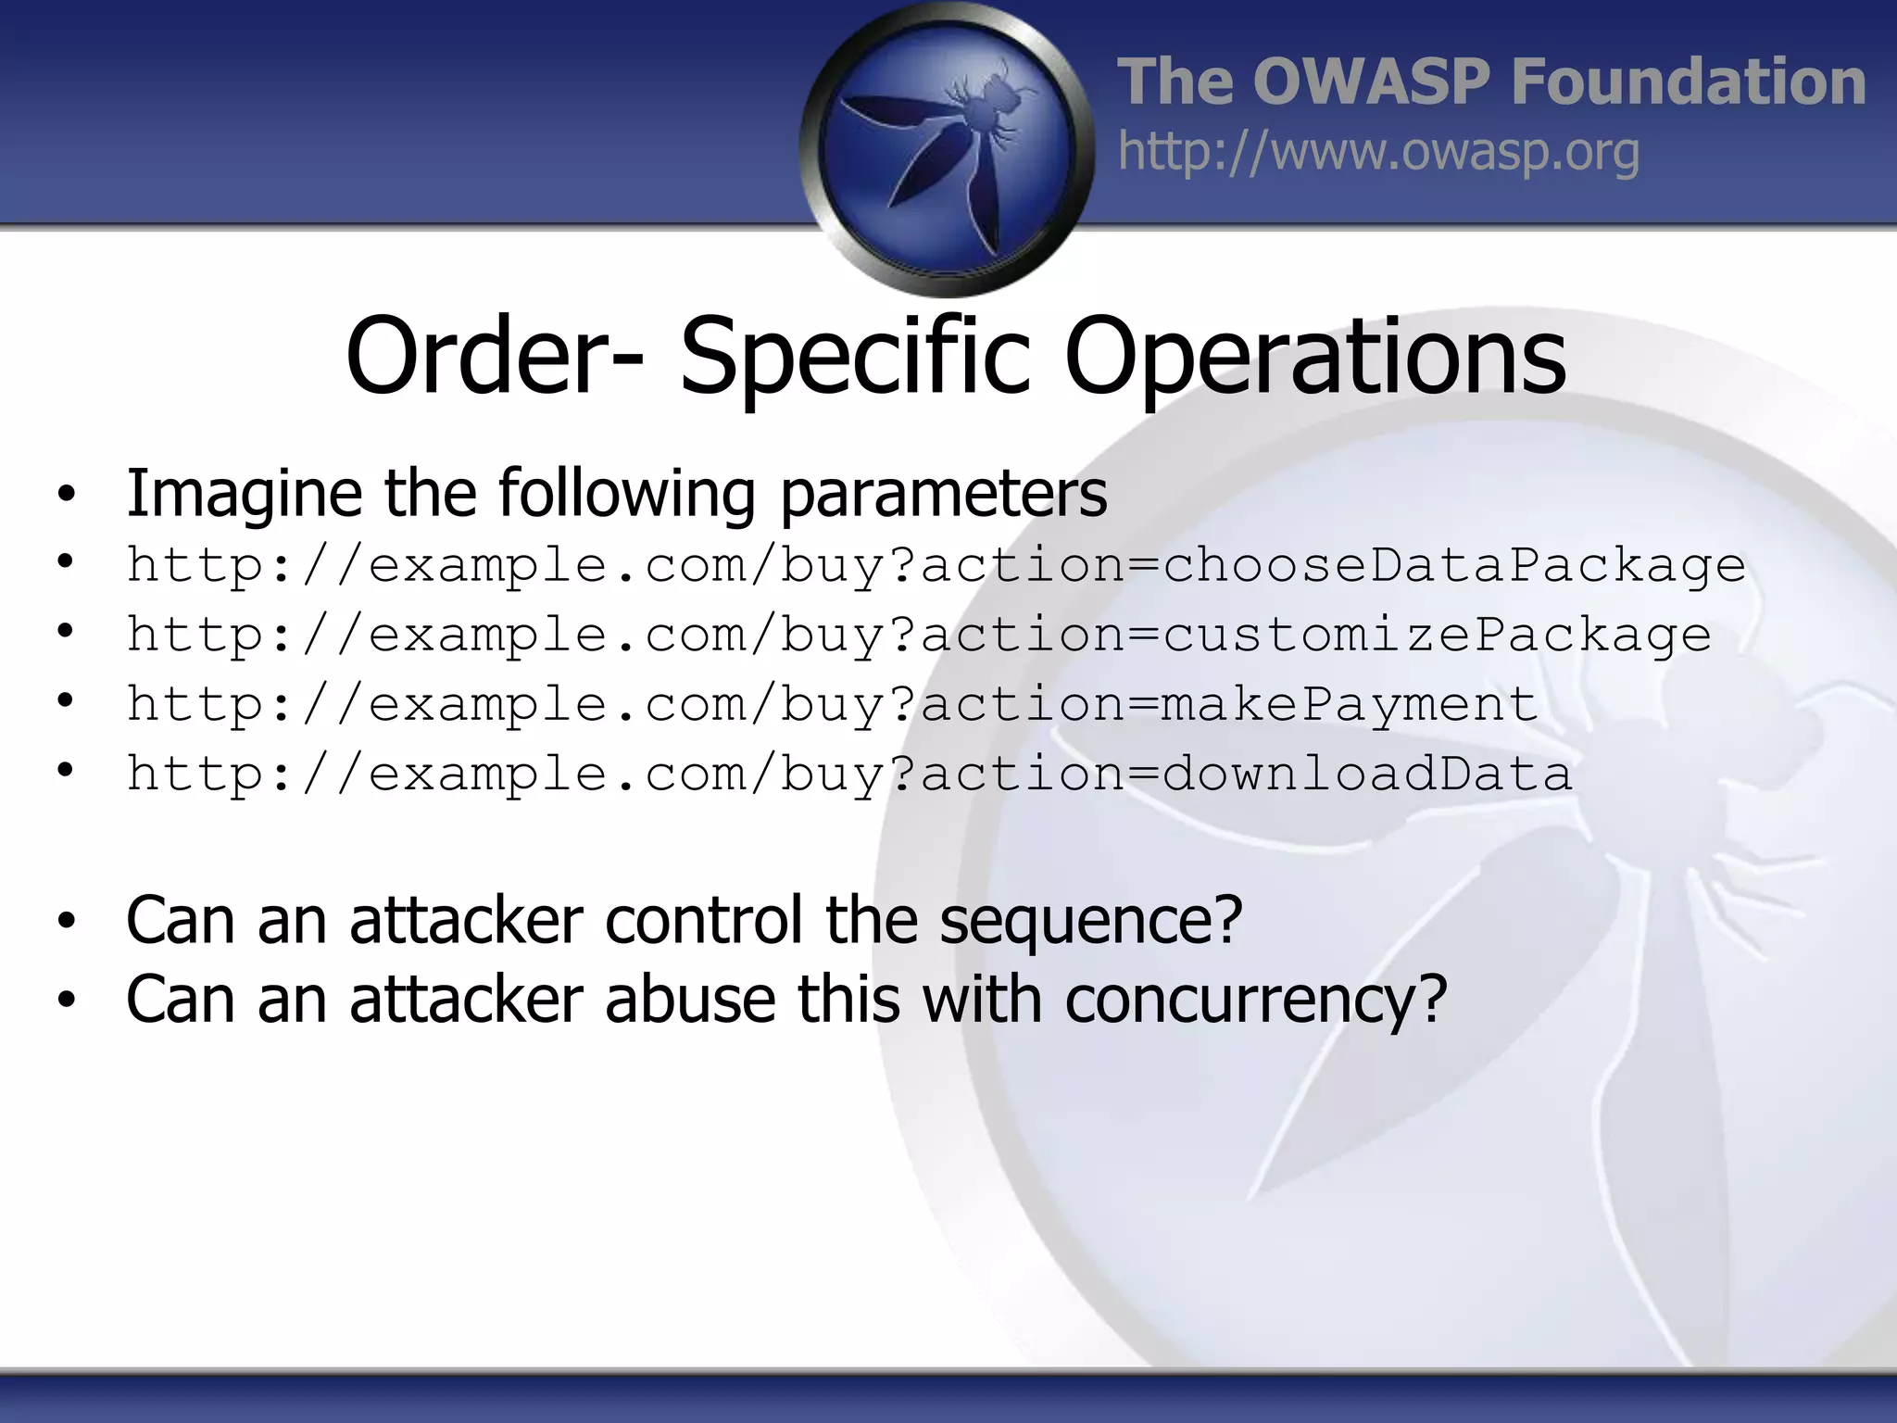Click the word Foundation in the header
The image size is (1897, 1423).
tap(1688, 82)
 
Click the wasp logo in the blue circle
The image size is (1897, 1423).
tap(947, 148)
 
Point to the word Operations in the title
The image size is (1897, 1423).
tap(1315, 357)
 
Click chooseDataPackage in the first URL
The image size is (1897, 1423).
tap(1453, 565)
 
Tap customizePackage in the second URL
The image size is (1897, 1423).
tap(1436, 635)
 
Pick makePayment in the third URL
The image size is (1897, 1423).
tap(1349, 704)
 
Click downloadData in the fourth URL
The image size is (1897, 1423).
tap(1366, 774)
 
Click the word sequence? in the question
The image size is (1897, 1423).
tap(1090, 921)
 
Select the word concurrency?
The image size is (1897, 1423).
tap(1255, 1001)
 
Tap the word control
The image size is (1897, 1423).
tap(704, 921)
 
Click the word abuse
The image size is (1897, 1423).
tap(690, 1001)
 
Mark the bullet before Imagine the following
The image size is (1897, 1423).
tap(65, 495)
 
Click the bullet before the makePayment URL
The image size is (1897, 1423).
tap(65, 700)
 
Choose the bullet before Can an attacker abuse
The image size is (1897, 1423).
tap(65, 1001)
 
